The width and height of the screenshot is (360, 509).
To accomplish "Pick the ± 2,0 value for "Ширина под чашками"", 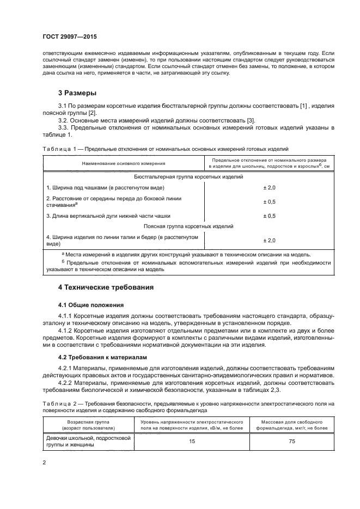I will pos(270,187).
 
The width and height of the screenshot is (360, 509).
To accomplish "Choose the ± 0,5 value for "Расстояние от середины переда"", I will pos(270,201).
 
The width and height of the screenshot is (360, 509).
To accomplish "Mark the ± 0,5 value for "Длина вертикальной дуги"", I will pos(270,216).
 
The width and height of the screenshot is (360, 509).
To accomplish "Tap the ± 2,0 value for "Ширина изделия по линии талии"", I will pos(270,240).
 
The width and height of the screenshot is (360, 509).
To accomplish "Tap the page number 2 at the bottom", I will pos(45,463).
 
